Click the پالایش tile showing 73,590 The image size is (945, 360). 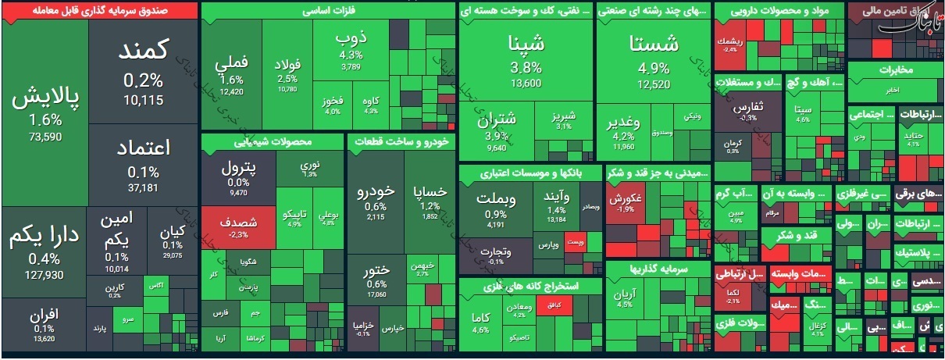click(45, 113)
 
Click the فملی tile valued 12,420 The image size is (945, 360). click(232, 74)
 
